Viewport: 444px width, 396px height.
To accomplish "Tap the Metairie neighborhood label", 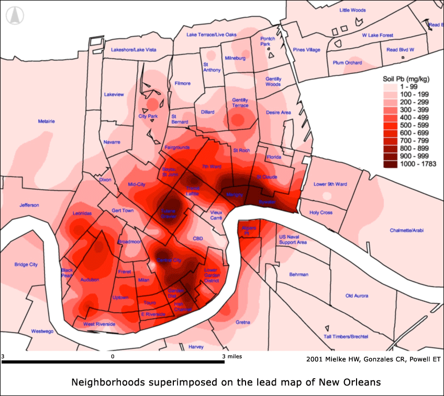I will point(46,121).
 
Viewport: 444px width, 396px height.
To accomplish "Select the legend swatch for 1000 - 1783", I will point(391,164).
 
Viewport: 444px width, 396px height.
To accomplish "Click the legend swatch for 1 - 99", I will point(391,86).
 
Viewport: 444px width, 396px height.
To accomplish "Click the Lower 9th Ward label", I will point(330,184).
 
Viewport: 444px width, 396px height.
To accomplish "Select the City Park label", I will point(148,116).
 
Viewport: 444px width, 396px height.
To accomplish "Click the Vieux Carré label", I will point(216,216).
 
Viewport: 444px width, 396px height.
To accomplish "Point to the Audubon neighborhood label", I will point(90,280).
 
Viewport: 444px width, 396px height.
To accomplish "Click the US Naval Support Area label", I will point(293,239).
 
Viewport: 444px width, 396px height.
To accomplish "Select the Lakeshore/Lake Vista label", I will point(134,50).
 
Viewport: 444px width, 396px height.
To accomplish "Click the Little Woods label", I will point(352,10).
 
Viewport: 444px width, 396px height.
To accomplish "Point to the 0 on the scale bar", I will point(113,356).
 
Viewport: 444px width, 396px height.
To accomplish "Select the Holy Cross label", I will point(321,213).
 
